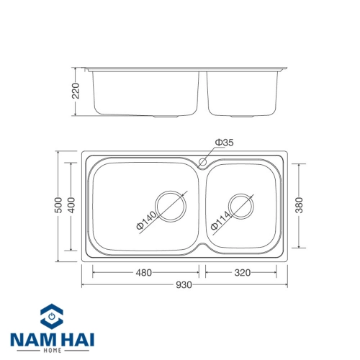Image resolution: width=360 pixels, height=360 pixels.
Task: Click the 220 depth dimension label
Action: [76, 91]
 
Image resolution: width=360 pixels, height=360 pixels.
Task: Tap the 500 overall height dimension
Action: [58, 205]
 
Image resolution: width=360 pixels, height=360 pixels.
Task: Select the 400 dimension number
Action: [71, 205]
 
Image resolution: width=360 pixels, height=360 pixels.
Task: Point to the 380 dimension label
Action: [299, 205]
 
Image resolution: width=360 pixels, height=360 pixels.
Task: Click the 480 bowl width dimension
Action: [144, 273]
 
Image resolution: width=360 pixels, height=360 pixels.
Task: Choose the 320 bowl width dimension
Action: [243, 273]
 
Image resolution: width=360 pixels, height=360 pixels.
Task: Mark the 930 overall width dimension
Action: [184, 285]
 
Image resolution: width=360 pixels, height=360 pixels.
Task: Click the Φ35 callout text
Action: [224, 143]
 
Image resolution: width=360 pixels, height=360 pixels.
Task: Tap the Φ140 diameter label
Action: [146, 220]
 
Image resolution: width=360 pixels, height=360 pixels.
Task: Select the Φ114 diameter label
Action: [221, 220]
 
